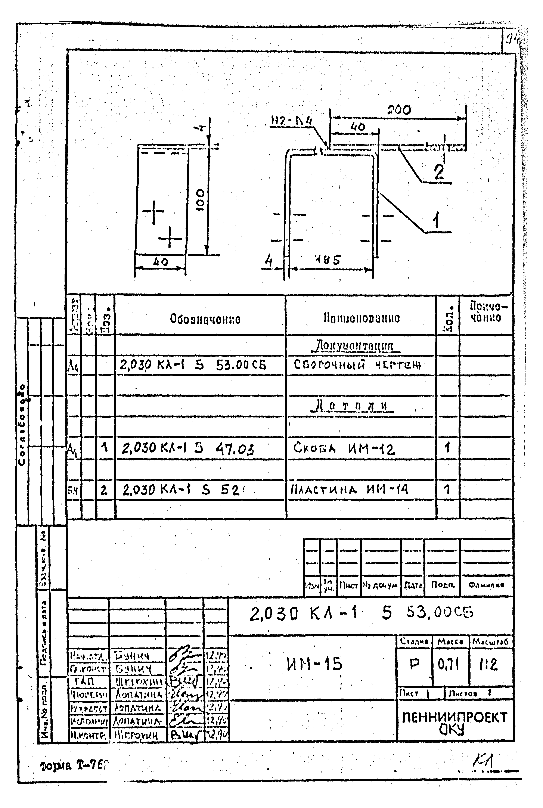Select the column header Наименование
point(362,318)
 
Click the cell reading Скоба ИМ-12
point(344,449)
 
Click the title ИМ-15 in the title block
point(314,664)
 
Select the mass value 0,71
point(449,664)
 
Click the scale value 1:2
point(489,664)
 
